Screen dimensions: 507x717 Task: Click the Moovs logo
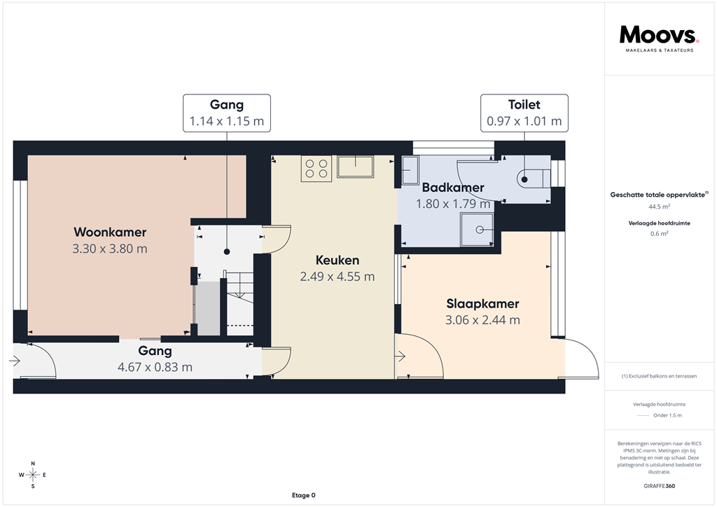click(658, 36)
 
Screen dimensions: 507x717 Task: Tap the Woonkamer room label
click(110, 232)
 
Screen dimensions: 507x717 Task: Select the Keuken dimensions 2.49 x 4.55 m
click(337, 277)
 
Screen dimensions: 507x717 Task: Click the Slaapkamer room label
click(482, 304)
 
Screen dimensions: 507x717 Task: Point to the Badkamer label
click(453, 188)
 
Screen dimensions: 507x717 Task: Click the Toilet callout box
click(524, 113)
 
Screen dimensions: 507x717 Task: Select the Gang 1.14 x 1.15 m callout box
click(227, 113)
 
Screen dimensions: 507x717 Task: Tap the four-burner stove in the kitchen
click(315, 168)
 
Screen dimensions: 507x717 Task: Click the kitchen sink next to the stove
click(355, 167)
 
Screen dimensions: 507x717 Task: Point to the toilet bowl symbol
click(531, 178)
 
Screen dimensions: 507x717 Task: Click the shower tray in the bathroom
click(478, 230)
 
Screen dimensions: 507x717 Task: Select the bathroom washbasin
click(409, 169)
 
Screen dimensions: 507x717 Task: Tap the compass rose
click(33, 475)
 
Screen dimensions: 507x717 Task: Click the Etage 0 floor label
click(303, 495)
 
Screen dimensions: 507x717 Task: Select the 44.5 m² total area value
click(658, 207)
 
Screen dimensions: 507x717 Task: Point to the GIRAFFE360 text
click(658, 486)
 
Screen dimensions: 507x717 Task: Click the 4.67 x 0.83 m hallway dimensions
click(155, 367)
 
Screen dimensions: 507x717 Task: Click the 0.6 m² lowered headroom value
click(658, 234)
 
